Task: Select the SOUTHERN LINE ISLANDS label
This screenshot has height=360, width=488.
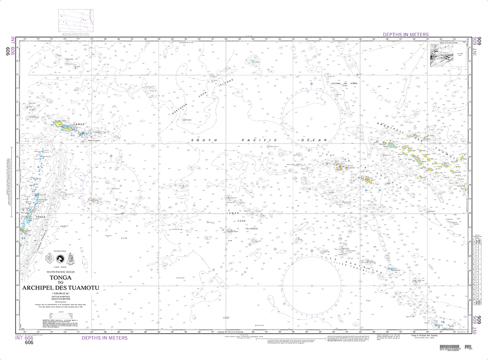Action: (345, 83)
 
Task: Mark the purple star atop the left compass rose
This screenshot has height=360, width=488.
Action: (111, 156)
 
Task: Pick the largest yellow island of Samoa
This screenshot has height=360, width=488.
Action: (59, 124)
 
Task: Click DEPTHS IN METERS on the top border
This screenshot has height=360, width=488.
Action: (406, 35)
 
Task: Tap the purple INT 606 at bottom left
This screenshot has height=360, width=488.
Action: (24, 338)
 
